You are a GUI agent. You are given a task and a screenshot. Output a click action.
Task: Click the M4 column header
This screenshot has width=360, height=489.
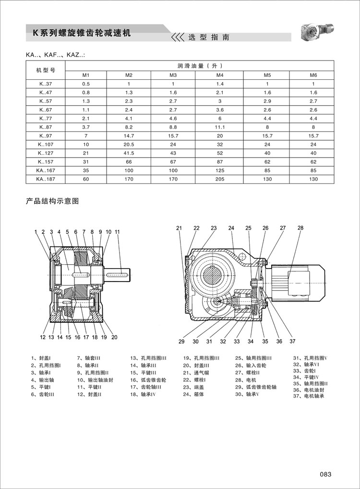(220, 75)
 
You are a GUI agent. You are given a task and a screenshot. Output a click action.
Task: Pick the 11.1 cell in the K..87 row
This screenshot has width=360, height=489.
(220, 127)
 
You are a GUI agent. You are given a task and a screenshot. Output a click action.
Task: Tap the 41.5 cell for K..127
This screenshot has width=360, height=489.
(129, 153)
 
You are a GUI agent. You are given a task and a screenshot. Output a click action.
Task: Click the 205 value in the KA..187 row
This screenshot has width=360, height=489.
(220, 179)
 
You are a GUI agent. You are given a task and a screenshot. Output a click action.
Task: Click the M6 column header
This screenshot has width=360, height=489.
(313, 75)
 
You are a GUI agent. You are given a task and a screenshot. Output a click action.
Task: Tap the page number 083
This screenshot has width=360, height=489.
(326, 474)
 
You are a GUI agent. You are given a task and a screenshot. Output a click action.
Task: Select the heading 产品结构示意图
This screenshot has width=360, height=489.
(52, 201)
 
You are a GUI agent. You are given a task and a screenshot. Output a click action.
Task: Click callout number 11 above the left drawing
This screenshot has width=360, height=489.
(117, 232)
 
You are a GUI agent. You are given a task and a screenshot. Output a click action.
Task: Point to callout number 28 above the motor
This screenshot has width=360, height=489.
(300, 228)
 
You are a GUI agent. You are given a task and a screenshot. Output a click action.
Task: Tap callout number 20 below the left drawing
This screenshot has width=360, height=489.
(114, 337)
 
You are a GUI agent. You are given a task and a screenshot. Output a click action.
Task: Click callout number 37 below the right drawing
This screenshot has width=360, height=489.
(292, 342)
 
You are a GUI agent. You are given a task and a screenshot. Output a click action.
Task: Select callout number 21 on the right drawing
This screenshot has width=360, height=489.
(179, 228)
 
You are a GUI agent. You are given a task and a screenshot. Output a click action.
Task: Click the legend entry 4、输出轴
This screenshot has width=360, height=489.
(43, 379)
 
